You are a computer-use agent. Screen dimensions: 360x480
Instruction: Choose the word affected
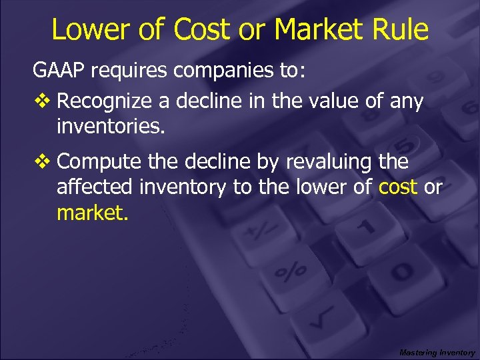(95, 187)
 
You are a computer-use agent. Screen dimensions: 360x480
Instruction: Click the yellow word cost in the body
(398, 187)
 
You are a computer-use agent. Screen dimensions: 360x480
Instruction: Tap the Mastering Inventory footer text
(437, 352)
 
